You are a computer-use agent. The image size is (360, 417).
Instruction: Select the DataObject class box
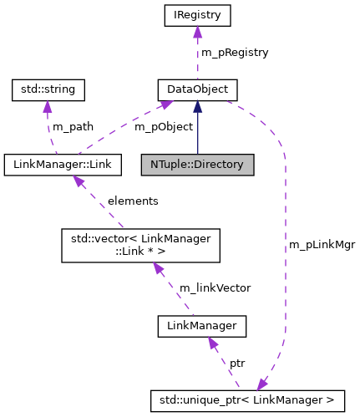198,88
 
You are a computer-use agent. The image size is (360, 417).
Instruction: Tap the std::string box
48,88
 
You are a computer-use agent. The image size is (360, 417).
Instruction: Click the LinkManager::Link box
63,163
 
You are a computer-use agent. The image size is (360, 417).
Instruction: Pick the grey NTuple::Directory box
197,164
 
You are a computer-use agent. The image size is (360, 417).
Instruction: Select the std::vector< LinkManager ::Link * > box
143,245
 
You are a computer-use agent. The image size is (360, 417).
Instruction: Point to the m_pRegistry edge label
235,52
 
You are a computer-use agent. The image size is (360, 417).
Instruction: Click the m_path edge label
73,126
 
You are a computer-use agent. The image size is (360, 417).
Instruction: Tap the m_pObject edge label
164,126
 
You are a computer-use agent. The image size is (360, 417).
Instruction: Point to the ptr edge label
237,364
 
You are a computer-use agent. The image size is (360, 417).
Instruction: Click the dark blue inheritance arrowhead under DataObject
198,104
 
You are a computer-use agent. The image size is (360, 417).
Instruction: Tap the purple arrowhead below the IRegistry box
197,32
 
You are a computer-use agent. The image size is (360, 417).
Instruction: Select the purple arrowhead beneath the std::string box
48,105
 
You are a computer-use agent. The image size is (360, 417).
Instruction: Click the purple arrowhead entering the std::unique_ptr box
263,384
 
